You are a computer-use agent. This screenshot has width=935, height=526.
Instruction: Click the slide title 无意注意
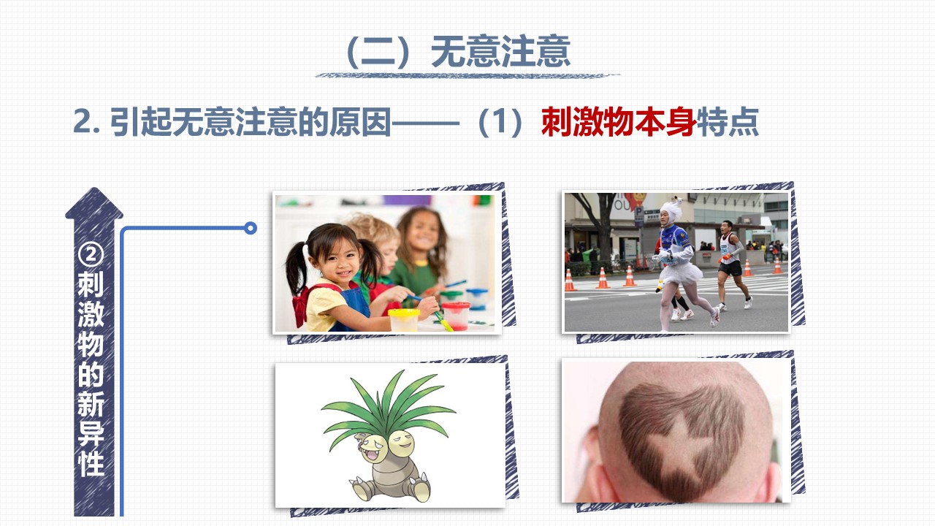(500, 51)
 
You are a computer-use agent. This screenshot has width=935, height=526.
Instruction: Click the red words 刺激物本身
(619, 122)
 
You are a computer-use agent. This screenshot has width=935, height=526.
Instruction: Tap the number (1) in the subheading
(500, 122)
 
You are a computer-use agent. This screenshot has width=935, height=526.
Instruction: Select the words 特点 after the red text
(728, 122)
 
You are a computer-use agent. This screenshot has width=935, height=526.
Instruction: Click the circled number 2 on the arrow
(91, 254)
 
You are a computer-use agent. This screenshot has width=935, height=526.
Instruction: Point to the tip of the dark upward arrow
(94, 188)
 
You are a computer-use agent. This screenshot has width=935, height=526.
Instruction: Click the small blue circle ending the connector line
(251, 228)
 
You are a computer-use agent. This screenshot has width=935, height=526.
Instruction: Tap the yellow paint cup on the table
(404, 319)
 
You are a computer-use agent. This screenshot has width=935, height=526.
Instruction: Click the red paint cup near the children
(456, 315)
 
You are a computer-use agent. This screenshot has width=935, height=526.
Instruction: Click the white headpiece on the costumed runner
(671, 210)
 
